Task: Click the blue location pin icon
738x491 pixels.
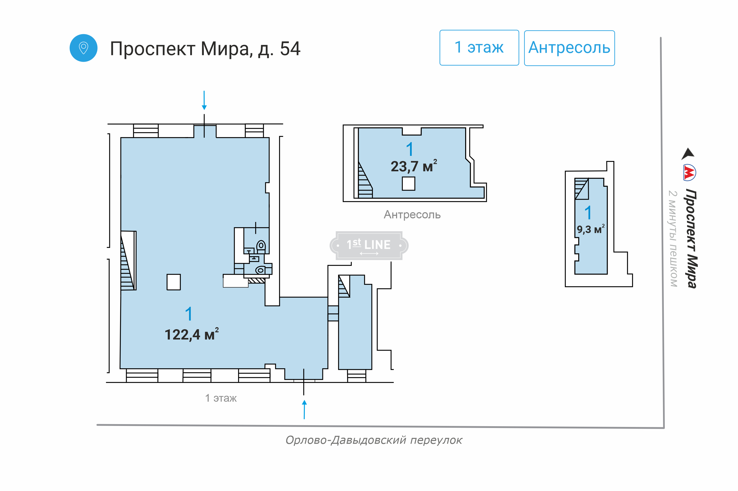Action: pos(83,48)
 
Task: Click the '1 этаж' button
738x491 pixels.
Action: pos(479,48)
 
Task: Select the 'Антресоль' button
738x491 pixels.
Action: pos(569,48)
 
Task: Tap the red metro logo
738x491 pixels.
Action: pos(689,173)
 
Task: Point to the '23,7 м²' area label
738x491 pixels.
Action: pos(414,166)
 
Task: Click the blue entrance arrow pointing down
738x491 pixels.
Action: pos(204,100)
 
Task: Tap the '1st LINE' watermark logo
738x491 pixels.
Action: pos(369,245)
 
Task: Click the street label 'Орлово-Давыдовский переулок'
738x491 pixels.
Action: pos(374,440)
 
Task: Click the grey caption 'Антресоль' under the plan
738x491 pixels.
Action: pos(412,215)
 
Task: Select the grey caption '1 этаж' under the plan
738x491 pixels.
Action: pos(221,398)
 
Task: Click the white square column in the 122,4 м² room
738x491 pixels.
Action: pos(173,282)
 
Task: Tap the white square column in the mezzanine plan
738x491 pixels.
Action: pos(408,183)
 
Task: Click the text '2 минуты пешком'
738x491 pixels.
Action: pos(673,239)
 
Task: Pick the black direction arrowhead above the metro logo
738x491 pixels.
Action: pos(688,154)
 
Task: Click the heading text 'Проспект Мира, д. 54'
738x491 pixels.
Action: pos(205,49)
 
